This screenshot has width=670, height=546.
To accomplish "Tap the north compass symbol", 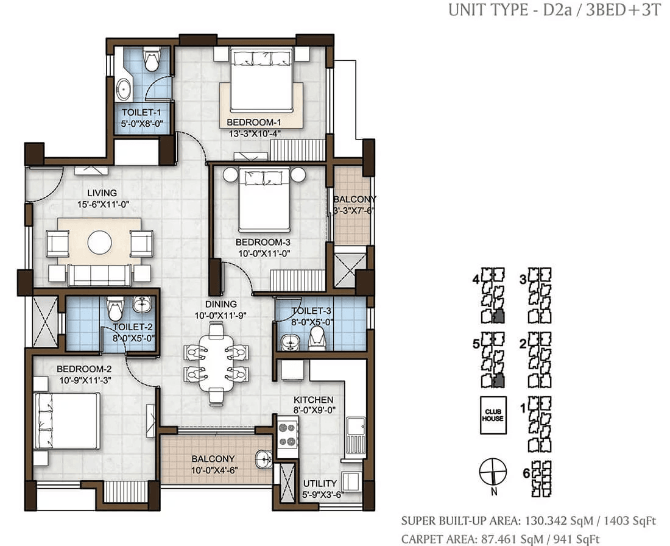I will coord(493,472).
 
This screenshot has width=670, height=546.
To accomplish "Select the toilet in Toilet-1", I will coord(150,60).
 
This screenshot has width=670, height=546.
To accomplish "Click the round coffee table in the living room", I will coord(100,242).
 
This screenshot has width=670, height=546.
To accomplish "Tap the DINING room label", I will coord(221,304).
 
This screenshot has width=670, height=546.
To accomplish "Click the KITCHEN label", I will coord(314,400).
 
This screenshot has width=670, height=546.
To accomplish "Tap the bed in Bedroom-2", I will coord(66,421).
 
